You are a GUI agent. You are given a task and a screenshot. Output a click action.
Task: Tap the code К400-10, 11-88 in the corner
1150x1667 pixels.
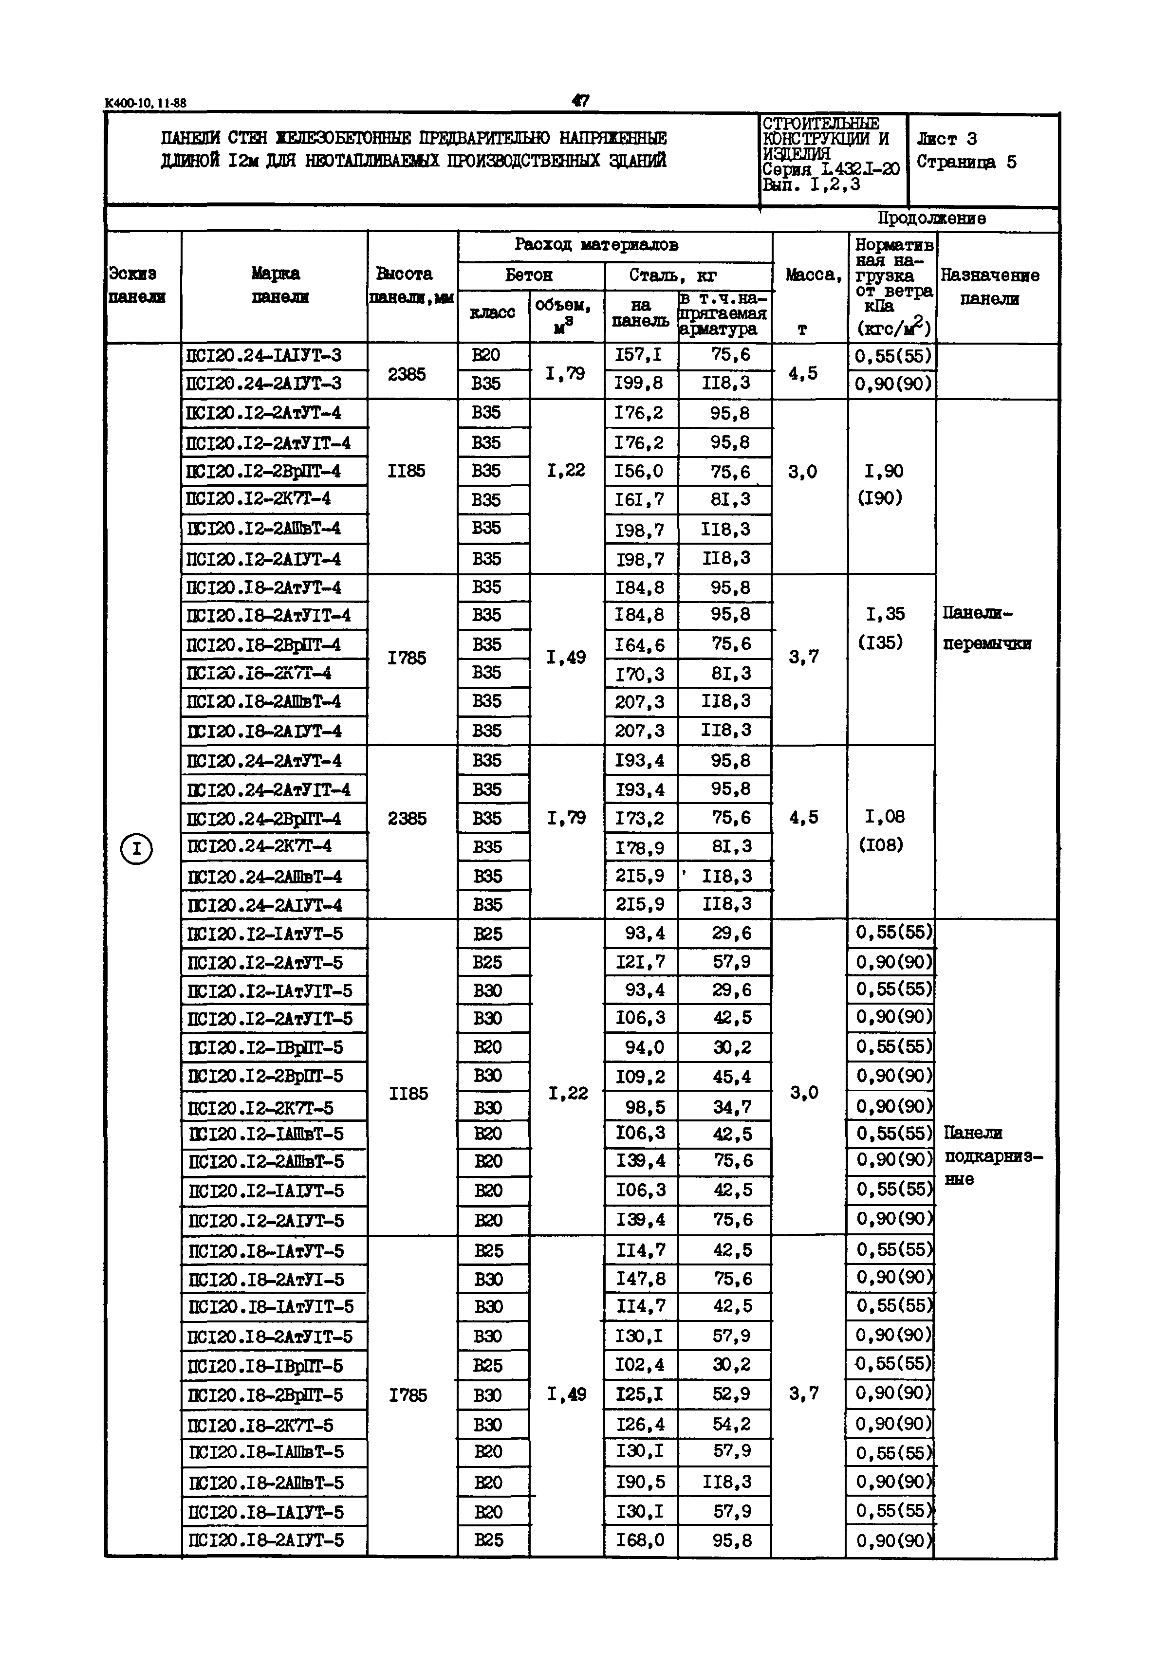146,103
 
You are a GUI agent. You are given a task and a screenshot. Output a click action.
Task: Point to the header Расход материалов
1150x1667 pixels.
596,245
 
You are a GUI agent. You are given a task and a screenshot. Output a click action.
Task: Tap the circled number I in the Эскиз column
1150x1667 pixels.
136,849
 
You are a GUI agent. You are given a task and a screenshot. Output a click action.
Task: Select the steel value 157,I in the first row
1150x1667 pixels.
638,355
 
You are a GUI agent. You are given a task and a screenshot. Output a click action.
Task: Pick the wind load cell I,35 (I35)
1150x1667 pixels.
884,627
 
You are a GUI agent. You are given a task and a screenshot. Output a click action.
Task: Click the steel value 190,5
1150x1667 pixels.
640,1482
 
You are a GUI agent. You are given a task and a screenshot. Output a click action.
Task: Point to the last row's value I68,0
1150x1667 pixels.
640,1540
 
